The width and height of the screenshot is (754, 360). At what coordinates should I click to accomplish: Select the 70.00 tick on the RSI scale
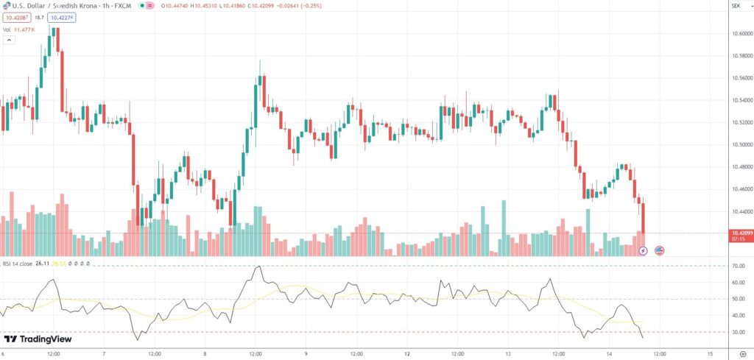[x=738, y=266]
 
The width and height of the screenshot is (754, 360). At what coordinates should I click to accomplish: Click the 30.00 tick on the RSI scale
[x=738, y=332]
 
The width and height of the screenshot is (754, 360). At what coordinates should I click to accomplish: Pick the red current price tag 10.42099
[x=740, y=233]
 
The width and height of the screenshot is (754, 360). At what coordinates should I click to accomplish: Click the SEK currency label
[x=735, y=6]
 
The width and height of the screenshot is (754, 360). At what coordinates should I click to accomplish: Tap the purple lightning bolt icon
[x=643, y=250]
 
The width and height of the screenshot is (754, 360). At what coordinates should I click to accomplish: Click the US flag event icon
[x=659, y=250]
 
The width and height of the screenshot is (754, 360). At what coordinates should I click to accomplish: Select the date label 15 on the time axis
[x=708, y=353]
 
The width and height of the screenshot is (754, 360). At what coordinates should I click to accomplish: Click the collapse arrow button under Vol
[x=10, y=40]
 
